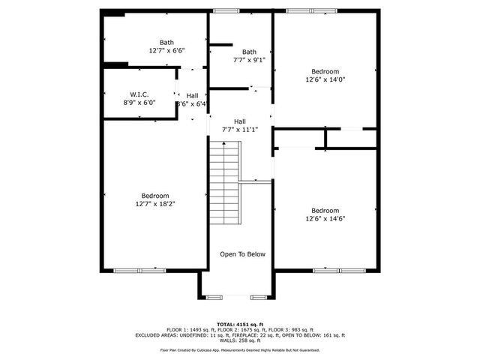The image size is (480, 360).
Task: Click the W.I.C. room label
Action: tap(139, 94)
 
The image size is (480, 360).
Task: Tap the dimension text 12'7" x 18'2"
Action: tap(155, 203)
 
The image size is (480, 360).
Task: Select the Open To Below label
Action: tap(242, 254)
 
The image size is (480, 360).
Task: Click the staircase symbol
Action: tap(224, 184)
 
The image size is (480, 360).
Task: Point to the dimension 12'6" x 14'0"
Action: tap(325, 79)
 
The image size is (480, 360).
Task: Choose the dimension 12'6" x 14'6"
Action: tap(325, 218)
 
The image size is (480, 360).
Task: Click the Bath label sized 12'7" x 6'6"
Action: tap(166, 42)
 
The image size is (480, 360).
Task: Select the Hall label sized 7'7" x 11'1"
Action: tap(239, 121)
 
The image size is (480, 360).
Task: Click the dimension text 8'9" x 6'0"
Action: tap(139, 103)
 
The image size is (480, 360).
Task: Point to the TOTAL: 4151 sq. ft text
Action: tap(240, 325)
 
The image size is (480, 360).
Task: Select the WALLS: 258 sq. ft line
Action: tap(240, 340)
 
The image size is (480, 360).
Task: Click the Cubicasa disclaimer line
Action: tap(240, 349)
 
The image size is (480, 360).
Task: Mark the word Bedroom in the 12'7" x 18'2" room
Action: tap(155, 195)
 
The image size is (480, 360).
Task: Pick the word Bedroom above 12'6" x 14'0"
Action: tap(325, 70)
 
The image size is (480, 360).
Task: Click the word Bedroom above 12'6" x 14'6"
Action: tap(325, 210)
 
